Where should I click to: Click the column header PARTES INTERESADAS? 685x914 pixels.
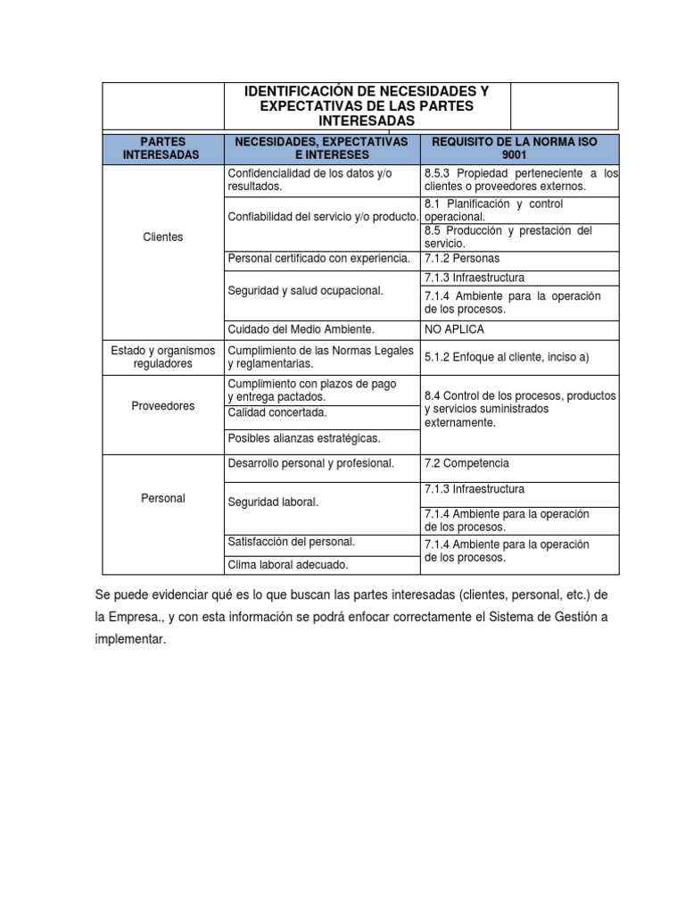(161, 148)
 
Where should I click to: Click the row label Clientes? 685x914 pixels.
(162, 237)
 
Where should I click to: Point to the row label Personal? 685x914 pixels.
(162, 498)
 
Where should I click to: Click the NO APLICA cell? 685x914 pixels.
(455, 329)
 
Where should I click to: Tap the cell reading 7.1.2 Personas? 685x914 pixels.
(461, 258)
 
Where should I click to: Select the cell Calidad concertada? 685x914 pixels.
(277, 412)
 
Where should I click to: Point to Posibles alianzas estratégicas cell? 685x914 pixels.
(304, 438)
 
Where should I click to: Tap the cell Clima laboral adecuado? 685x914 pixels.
(288, 564)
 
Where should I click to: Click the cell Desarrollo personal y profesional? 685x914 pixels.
(311, 463)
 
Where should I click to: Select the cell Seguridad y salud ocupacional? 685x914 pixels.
(306, 291)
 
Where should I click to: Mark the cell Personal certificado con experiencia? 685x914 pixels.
(319, 258)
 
